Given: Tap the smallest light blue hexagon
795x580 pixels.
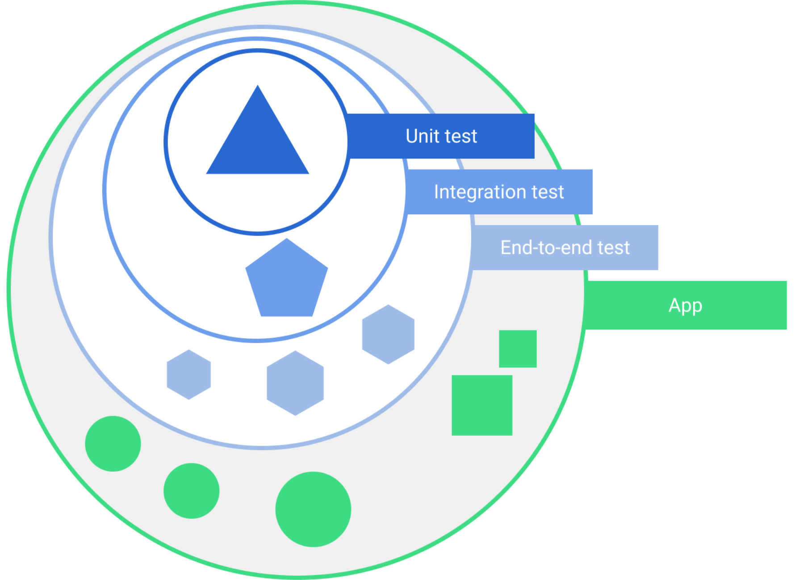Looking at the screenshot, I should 189,374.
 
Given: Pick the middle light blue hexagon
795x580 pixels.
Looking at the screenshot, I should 295,383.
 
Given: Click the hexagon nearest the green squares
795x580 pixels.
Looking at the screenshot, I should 388,334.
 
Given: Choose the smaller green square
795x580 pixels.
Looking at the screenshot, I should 518,349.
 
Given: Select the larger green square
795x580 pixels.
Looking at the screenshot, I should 482,405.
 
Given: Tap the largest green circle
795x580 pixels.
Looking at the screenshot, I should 313,509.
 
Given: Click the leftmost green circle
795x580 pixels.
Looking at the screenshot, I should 113,443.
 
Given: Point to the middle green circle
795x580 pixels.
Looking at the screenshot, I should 191,491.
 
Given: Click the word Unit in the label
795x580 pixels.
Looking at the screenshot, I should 422,136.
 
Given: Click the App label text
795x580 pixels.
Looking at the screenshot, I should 685,306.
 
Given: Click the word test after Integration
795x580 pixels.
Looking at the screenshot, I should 548,192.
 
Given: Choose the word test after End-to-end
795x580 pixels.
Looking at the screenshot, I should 614,248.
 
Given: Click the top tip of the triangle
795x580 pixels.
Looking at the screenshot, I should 258,87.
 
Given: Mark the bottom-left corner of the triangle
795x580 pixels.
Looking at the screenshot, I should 208,173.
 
